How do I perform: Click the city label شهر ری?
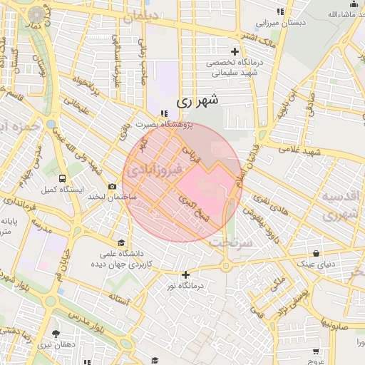click(195, 102)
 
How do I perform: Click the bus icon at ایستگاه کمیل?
click(63, 178)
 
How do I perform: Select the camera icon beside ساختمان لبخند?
click(112, 187)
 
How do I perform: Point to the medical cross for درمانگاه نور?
click(186, 274)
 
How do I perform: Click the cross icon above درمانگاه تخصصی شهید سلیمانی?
click(235, 51)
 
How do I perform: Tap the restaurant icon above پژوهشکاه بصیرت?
click(165, 113)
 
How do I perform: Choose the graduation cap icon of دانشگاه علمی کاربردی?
click(121, 242)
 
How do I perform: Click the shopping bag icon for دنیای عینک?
click(316, 253)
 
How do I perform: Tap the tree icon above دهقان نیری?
click(56, 334)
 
